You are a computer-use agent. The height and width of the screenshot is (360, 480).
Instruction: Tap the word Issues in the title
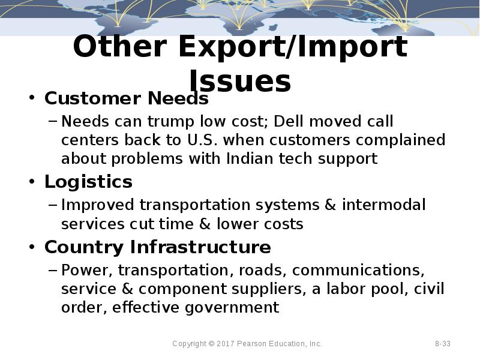pyautogui.click(x=240, y=81)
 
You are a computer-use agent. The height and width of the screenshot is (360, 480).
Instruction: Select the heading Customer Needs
pyautogui.click(x=126, y=98)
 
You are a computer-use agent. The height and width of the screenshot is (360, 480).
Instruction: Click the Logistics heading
pyautogui.click(x=88, y=181)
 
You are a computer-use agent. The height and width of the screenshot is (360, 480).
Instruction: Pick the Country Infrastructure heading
pyautogui.click(x=157, y=247)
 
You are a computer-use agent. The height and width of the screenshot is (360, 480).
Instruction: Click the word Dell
pyautogui.click(x=288, y=121)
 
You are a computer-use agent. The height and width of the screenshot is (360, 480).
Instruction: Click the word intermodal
pyautogui.click(x=384, y=205)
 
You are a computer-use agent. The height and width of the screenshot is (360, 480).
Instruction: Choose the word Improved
pyautogui.click(x=98, y=205)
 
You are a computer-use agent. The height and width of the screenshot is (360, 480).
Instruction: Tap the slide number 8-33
pyautogui.click(x=443, y=344)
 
